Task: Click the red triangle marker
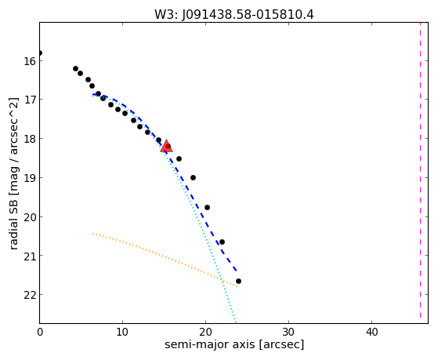(166, 147)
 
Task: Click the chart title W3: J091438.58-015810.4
(234, 15)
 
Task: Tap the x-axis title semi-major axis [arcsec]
(234, 344)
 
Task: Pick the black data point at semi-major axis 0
(40, 53)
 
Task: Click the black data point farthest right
(238, 281)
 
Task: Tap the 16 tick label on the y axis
(30, 61)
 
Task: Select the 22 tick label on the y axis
(30, 295)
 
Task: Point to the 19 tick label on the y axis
(30, 178)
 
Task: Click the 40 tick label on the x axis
(371, 332)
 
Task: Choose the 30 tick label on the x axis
(288, 332)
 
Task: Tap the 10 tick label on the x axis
(122, 332)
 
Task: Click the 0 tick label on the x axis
(40, 332)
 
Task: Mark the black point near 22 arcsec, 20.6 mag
(222, 242)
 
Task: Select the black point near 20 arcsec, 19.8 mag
(207, 208)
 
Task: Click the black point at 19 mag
(193, 177)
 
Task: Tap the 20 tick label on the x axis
(205, 332)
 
